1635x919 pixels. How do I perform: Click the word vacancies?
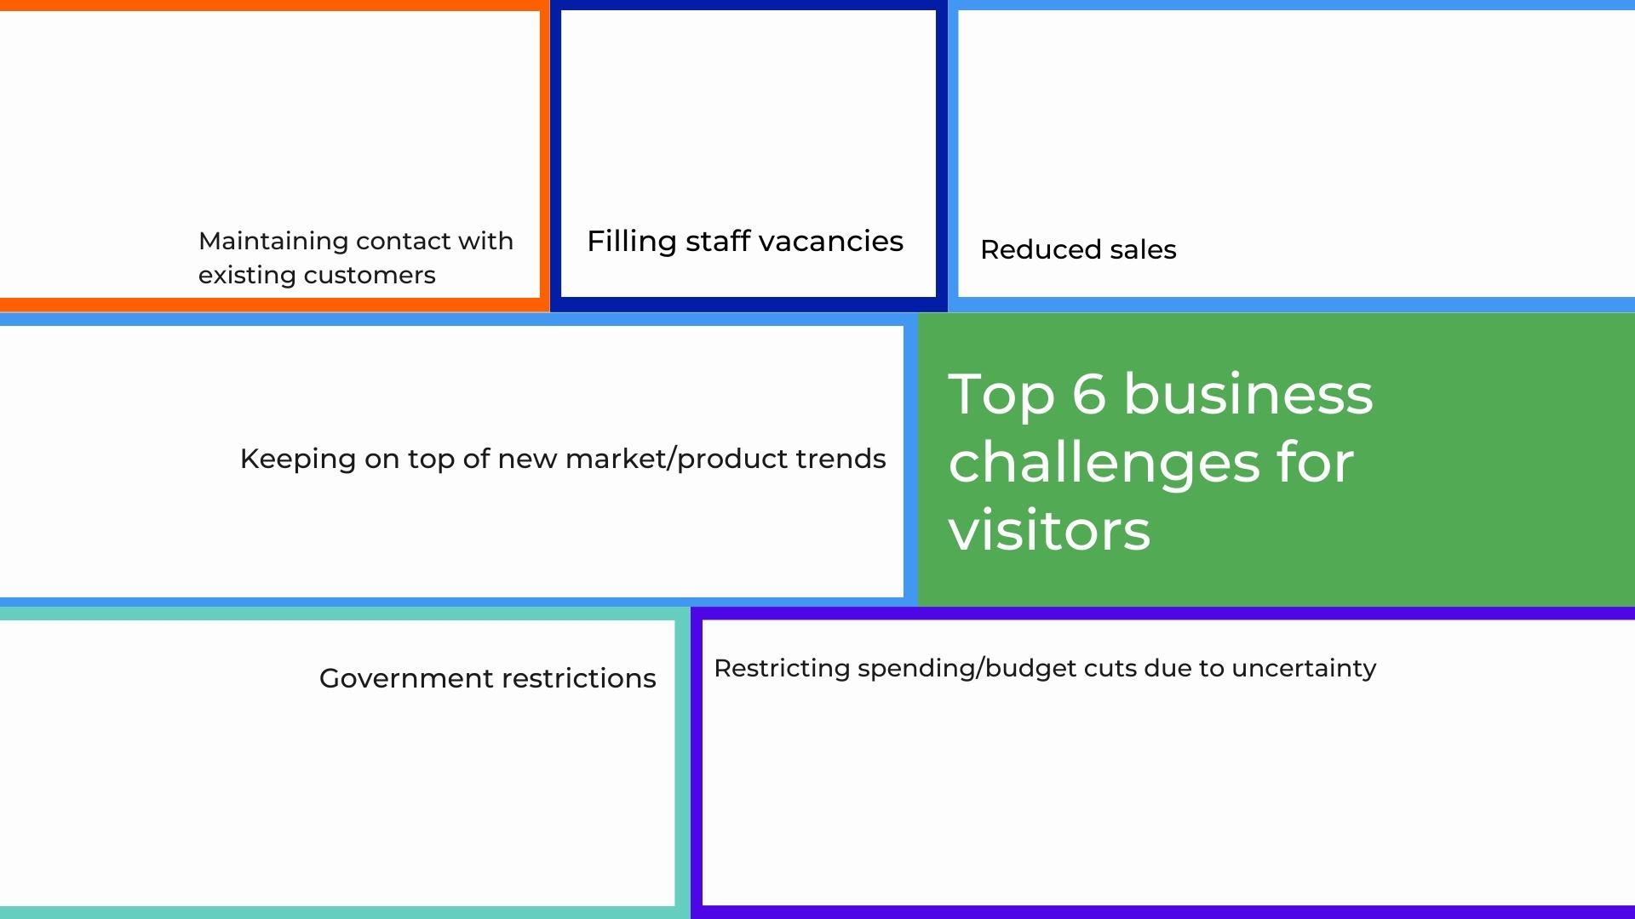tap(830, 242)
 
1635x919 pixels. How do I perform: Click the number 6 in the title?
tap(1089, 394)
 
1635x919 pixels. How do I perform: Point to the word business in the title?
tap(1248, 394)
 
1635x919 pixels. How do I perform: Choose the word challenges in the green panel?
tap(1104, 463)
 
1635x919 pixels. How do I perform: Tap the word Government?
tap(406, 679)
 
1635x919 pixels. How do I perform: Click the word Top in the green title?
tap(1001, 396)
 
